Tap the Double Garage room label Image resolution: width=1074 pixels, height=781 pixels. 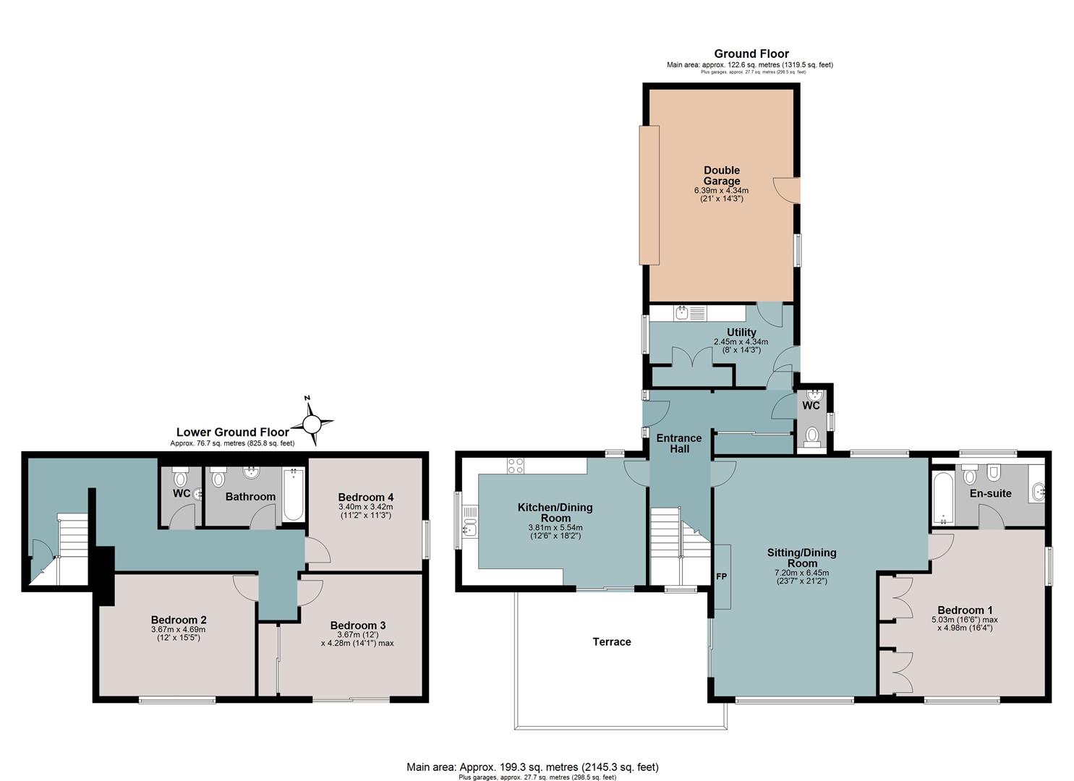click(721, 176)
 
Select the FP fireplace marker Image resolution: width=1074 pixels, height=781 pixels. click(722, 577)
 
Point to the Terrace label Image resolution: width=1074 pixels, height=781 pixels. click(611, 642)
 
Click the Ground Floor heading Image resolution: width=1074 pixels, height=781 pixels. click(751, 54)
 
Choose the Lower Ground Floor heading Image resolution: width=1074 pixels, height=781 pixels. click(233, 432)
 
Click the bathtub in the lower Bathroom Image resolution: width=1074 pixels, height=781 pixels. click(294, 495)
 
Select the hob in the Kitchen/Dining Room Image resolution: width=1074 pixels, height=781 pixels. click(516, 466)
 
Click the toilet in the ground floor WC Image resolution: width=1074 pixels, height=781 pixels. click(811, 438)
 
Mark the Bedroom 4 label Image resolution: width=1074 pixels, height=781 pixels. click(365, 498)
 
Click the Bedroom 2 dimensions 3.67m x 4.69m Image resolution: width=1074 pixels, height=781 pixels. click(179, 629)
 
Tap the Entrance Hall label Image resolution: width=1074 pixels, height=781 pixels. click(679, 443)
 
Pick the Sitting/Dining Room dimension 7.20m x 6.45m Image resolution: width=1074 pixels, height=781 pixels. click(801, 573)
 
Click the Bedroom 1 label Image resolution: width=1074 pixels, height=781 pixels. click(965, 610)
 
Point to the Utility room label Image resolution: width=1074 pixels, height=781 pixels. click(741, 332)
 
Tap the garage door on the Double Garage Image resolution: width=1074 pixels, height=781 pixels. click(649, 195)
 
